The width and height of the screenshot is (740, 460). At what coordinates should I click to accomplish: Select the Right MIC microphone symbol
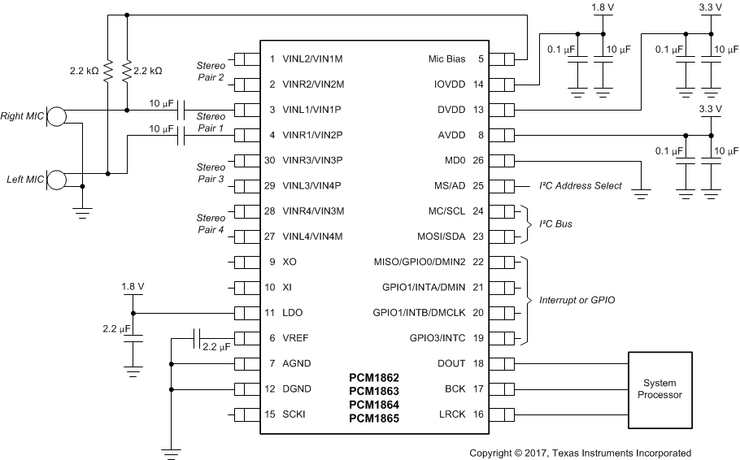[56, 116]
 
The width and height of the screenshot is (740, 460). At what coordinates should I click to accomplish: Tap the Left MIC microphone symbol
[56, 179]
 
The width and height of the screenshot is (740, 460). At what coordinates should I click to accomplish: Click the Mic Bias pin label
[446, 59]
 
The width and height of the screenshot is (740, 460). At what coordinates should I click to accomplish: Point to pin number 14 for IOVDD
[478, 84]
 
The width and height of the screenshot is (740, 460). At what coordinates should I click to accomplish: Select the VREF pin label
[296, 338]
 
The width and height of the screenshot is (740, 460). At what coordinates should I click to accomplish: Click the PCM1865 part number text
[374, 419]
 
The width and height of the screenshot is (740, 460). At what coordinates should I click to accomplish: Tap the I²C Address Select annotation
[581, 186]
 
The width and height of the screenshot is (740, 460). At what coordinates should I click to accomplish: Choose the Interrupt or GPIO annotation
[577, 300]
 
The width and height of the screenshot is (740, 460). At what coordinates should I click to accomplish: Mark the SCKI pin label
[295, 414]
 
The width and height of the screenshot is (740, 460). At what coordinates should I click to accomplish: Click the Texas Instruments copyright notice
[580, 453]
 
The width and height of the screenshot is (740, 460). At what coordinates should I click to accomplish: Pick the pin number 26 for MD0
[478, 160]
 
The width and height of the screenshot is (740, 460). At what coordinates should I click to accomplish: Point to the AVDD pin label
[451, 135]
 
